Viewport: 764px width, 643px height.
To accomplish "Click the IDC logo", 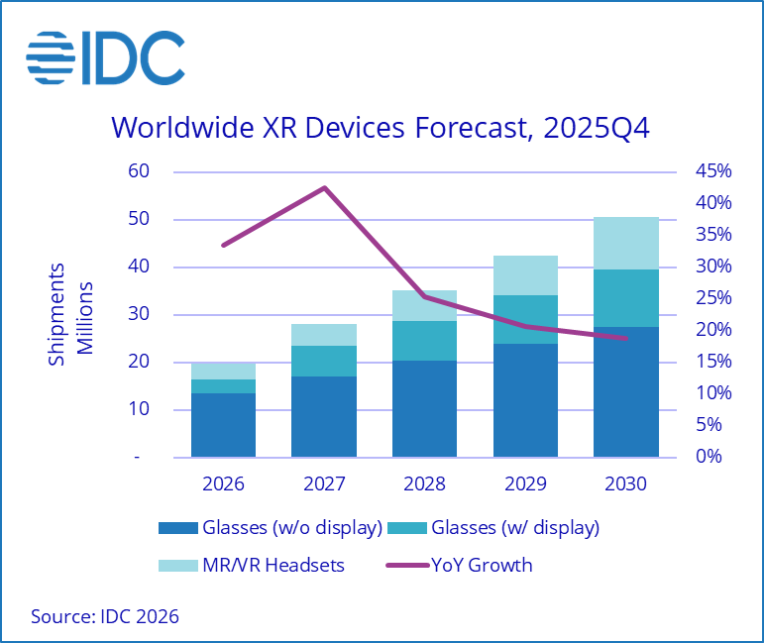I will (104, 58).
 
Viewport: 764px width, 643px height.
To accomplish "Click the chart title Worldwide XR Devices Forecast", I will (381, 128).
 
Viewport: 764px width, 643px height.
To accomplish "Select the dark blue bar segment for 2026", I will (224, 425).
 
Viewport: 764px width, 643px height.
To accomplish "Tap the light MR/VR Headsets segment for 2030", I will (625, 243).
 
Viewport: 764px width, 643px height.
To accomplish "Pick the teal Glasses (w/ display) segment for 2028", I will (424, 340).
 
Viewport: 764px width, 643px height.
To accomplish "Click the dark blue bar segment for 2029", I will (525, 400).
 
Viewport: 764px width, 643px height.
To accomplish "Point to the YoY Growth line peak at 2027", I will (324, 187).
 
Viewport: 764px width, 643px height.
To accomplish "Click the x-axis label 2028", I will (424, 484).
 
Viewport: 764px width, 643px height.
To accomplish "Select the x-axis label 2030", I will (625, 484).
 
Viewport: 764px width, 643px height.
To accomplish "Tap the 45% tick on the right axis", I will (712, 171).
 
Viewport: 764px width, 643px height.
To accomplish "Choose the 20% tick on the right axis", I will (712, 330).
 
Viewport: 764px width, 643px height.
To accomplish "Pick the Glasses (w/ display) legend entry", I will (499, 528).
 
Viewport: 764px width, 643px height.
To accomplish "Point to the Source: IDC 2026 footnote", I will (105, 616).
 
